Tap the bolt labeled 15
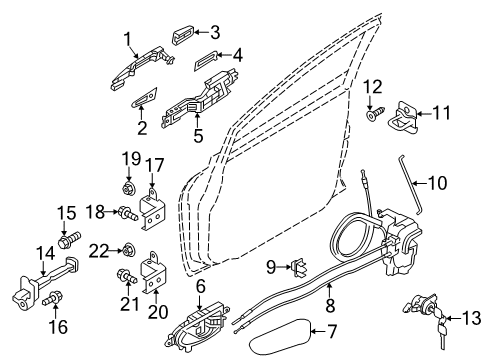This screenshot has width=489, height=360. pyautogui.click(x=70, y=239)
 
